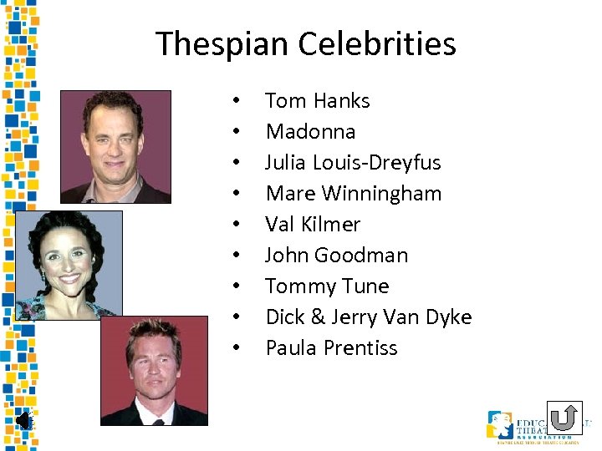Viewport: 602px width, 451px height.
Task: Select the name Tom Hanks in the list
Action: pos(317,101)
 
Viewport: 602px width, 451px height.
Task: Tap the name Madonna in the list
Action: pos(310,132)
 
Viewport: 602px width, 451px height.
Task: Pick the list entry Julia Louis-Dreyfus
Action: pos(353,163)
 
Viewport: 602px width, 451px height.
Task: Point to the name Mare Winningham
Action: pos(353,194)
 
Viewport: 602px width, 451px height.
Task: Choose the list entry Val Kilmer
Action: pos(312,225)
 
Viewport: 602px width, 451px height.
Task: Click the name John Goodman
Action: pos(336,256)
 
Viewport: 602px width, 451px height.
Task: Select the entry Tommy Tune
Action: pos(327,286)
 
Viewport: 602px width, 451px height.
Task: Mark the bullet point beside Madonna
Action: pos(237,132)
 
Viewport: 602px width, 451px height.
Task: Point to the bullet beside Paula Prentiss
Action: pos(237,348)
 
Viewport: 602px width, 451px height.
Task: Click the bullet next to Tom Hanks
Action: pos(237,101)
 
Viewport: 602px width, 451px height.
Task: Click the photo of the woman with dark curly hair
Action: pos(69,265)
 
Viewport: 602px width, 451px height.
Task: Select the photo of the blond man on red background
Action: pos(154,370)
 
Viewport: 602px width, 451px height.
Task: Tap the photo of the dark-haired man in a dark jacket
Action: pos(115,147)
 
